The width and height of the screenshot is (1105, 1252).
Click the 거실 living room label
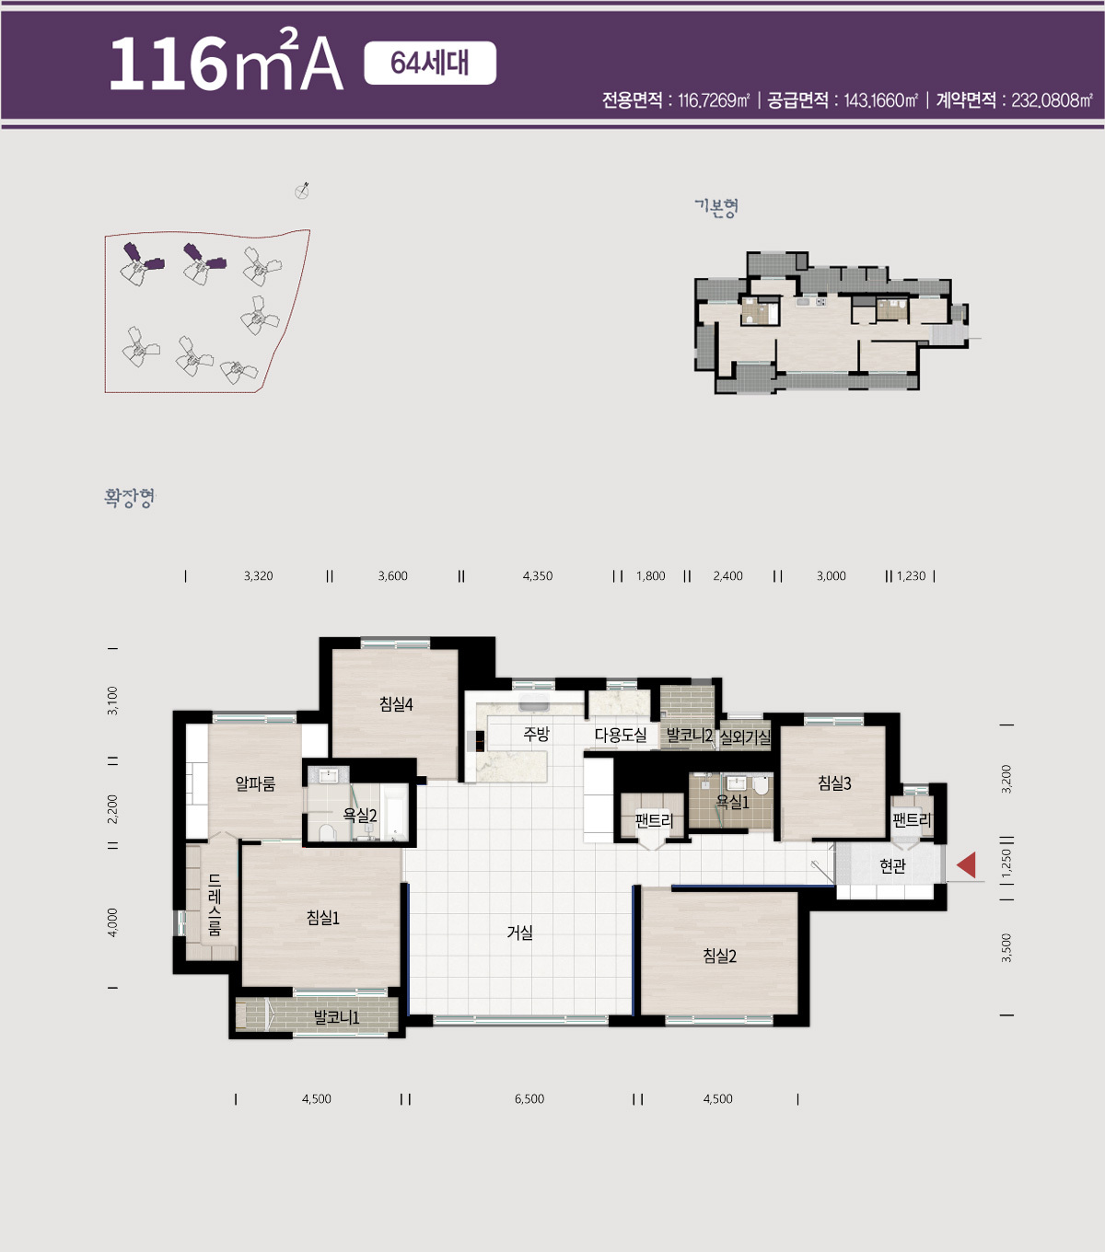[x=519, y=933]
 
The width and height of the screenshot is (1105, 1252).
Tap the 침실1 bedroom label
[x=323, y=919]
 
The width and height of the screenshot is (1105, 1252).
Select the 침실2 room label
[x=719, y=956]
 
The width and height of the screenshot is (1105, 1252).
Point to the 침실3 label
[x=834, y=783]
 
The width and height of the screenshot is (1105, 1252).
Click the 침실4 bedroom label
[x=396, y=704]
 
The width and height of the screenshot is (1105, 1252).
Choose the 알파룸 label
[x=255, y=784]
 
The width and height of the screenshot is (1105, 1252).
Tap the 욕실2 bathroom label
[x=360, y=815]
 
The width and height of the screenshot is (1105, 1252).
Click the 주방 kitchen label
[x=536, y=734]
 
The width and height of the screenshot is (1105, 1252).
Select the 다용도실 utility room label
[x=621, y=735]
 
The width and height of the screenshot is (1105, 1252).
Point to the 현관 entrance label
[x=892, y=866]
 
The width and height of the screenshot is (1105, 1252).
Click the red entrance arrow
[x=967, y=865]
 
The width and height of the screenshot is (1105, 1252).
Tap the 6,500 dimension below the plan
[x=529, y=1099]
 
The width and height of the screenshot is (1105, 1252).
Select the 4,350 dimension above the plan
[x=538, y=576]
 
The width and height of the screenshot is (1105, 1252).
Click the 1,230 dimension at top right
[x=911, y=576]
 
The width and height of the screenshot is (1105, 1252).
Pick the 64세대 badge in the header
[x=430, y=63]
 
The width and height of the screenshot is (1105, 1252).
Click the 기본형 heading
[x=715, y=207]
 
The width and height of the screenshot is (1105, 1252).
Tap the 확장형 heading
[x=129, y=497]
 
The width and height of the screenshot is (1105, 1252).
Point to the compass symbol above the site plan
[x=302, y=191]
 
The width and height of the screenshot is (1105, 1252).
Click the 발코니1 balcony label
[x=336, y=1017]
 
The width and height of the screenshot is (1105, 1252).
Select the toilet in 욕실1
[x=762, y=785]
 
